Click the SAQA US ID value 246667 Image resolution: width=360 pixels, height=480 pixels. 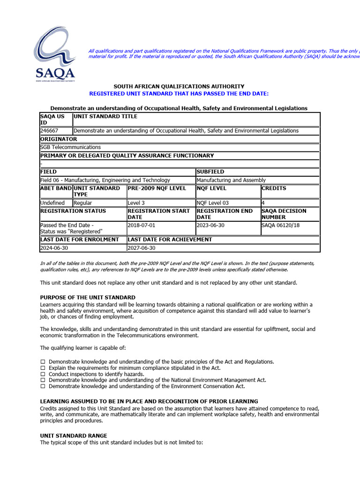point(49,131)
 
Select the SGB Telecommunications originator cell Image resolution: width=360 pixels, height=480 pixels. point(70,147)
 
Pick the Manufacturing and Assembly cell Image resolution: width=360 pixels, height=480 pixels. point(231,180)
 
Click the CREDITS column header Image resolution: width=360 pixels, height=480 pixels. point(274,188)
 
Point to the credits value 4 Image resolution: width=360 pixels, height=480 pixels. point(263,203)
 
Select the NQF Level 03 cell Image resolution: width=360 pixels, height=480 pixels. point(213,203)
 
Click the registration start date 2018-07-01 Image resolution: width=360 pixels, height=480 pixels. point(141,225)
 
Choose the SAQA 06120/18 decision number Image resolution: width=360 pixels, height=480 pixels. point(281,225)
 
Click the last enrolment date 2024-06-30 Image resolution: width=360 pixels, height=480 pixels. point(54,248)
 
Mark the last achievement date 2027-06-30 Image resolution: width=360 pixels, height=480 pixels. point(141,248)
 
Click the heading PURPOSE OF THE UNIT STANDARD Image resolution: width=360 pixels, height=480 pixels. point(88,298)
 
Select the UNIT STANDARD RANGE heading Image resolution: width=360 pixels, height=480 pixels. point(74,436)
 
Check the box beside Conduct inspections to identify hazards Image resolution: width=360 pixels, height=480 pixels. point(43,375)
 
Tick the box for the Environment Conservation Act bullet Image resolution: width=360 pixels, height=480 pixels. point(43,387)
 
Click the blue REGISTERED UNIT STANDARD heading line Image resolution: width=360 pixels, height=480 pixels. point(179,94)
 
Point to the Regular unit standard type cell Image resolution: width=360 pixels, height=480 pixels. point(83,203)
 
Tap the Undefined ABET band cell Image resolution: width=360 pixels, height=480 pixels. point(52,203)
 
